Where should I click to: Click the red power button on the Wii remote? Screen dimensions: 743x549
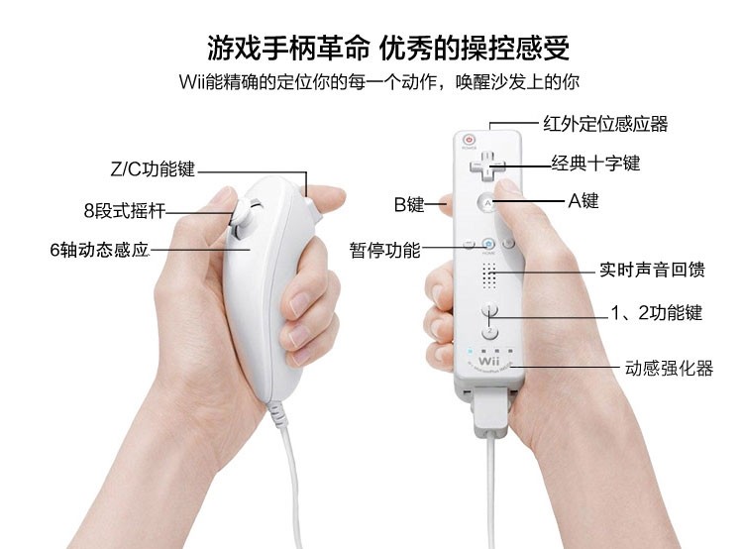point(470,140)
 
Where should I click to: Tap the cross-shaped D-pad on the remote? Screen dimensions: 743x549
point(487,166)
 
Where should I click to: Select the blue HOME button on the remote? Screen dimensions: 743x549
point(488,244)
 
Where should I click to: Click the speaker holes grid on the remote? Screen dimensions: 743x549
point(489,274)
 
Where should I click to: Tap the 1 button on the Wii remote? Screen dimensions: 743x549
point(489,309)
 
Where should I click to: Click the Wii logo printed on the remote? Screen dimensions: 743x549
point(489,362)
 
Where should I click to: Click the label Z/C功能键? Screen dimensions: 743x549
point(153,168)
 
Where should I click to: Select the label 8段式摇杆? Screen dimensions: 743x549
point(125,210)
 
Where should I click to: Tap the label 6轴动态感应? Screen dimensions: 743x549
point(99,250)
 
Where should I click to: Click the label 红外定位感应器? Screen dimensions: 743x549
point(605,124)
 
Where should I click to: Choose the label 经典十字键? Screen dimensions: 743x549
point(595,164)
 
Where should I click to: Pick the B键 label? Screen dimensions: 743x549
point(409,204)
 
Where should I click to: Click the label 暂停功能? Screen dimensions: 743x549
point(384,250)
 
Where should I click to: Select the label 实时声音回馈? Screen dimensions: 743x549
point(652,270)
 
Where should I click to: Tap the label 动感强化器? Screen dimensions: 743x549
point(669,369)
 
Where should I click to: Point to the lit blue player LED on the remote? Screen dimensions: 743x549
point(470,352)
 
